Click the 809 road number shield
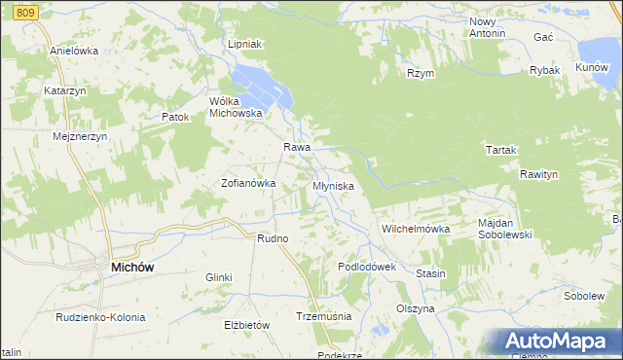point(26,9)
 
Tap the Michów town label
point(134,267)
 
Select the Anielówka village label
point(74,51)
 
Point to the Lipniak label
point(245,45)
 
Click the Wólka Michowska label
point(237,106)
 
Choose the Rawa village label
point(296,147)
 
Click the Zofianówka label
point(248,183)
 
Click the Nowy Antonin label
point(488,27)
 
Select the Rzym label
point(421,73)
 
